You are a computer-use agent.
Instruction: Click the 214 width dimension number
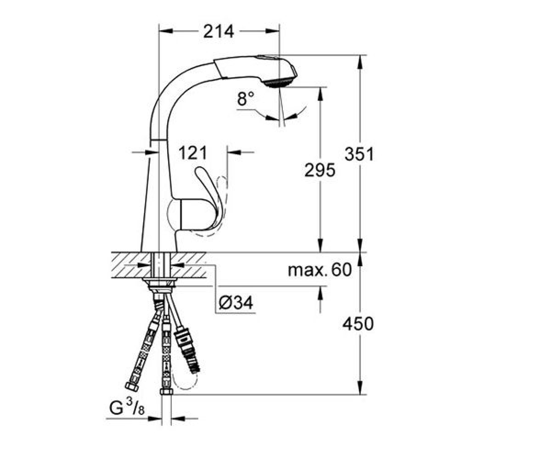tap(219, 31)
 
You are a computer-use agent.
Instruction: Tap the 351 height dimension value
tap(359, 154)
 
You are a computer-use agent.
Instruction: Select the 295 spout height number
tap(320, 170)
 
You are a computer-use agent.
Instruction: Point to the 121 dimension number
tap(192, 153)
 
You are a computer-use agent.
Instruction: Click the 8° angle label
tap(245, 98)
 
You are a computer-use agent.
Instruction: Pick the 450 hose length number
tap(358, 324)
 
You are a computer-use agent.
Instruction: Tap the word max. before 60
tap(307, 270)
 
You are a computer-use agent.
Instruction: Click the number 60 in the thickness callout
tap(342, 269)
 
